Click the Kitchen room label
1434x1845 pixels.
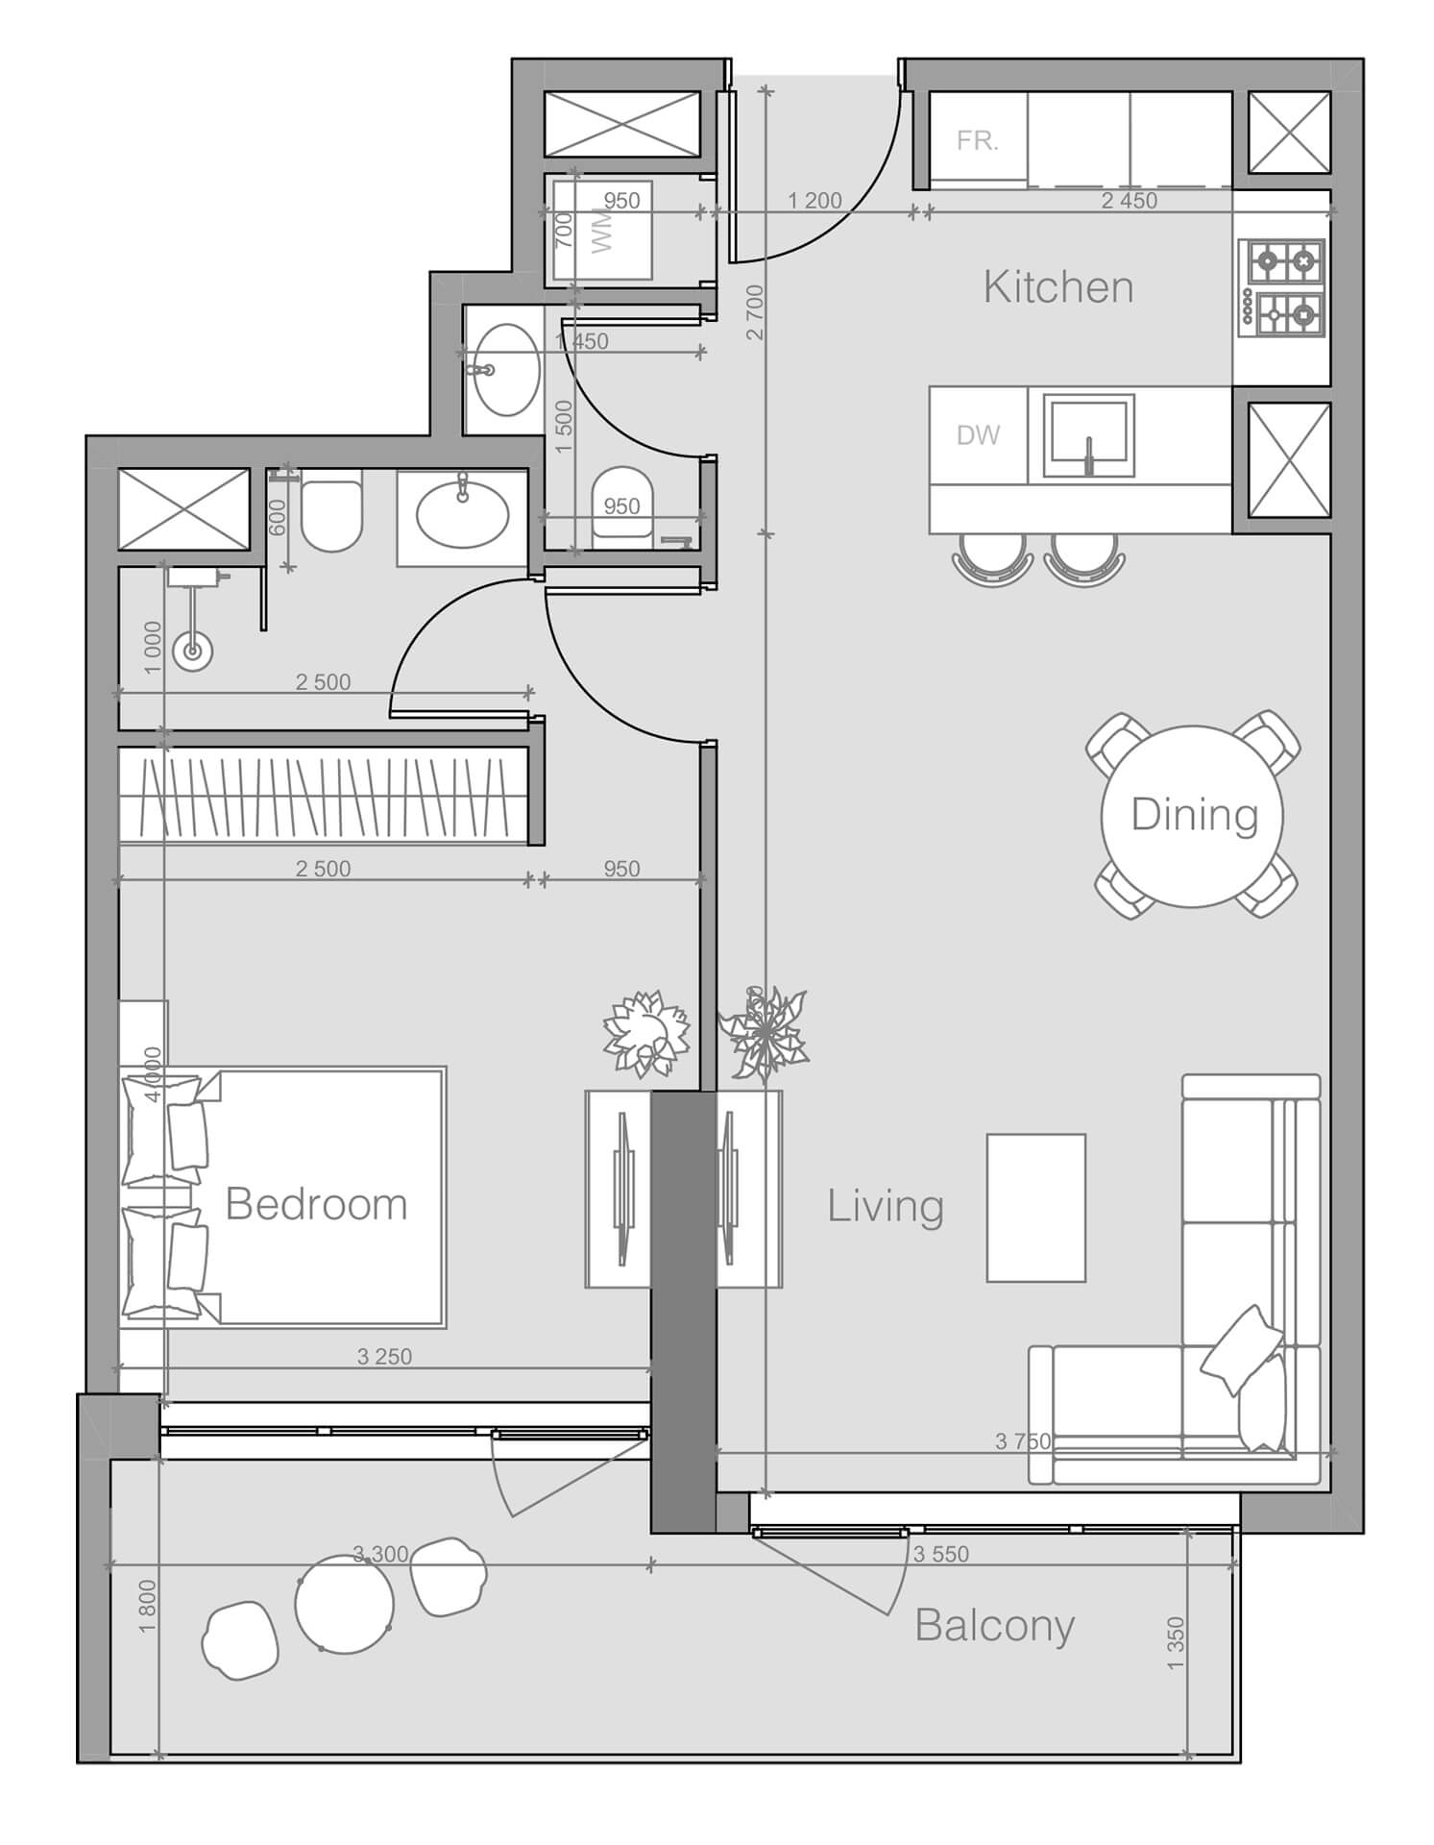(1057, 287)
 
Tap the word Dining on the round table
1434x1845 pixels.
(1194, 815)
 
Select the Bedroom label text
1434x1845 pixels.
(316, 1204)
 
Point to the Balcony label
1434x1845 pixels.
(994, 1625)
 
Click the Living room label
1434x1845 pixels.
(886, 1206)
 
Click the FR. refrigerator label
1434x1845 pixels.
(978, 141)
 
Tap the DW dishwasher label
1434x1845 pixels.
(978, 435)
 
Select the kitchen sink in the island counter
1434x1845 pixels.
(1089, 435)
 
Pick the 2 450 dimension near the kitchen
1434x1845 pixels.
(1129, 201)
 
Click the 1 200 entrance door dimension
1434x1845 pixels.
(814, 201)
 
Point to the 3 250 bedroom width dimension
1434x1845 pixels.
(384, 1357)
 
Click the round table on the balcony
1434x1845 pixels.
(344, 1604)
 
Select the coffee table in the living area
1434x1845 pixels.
(1035, 1208)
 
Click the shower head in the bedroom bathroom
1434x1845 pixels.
(192, 652)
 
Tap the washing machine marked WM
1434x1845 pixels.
(602, 231)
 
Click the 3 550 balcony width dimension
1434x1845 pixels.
(940, 1554)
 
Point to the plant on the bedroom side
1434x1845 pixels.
(646, 1034)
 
